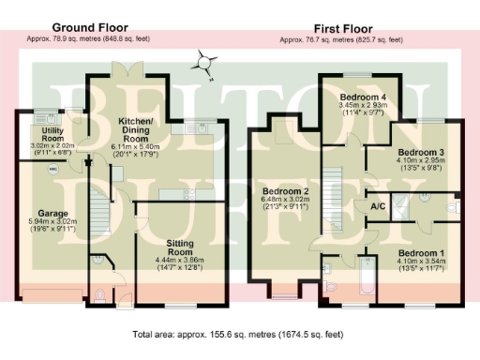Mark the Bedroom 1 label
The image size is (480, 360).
[417, 253]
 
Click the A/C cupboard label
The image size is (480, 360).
[379, 205]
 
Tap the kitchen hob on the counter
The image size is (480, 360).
[188, 194]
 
